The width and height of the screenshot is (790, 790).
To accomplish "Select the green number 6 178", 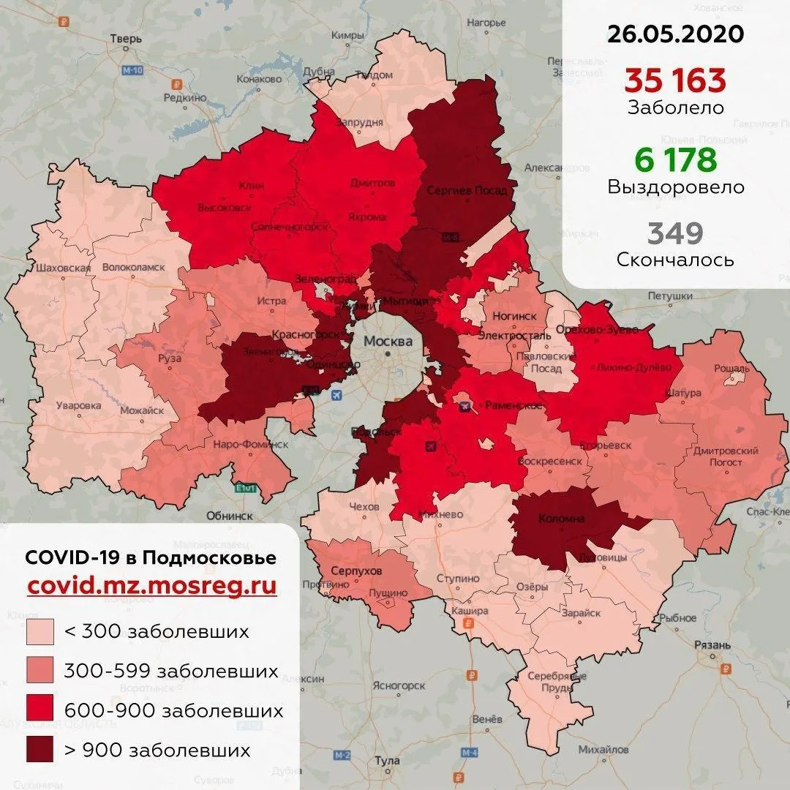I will pos(675,159).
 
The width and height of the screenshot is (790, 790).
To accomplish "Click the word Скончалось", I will pos(675,260).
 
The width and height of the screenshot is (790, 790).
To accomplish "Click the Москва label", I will pos(388,342).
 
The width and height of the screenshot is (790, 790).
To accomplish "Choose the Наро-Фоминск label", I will pos(251,444).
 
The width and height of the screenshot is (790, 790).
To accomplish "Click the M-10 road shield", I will pos(132,70).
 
